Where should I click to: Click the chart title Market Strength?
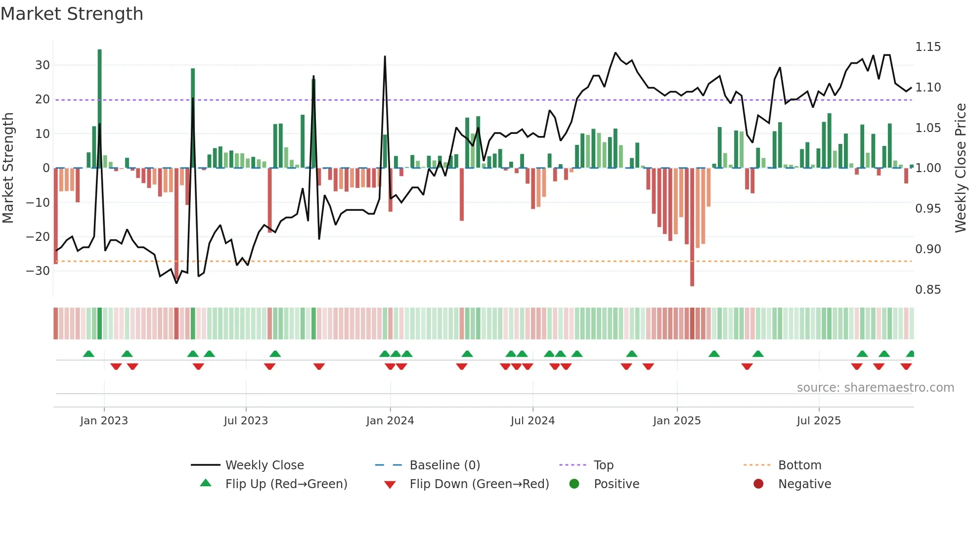point(72,14)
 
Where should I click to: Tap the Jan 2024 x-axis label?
point(390,421)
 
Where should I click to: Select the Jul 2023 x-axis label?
point(246,421)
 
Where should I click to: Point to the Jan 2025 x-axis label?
point(676,421)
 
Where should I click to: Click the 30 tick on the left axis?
point(43,65)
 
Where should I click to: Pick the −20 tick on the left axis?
point(38,237)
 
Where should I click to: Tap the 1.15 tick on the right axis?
point(927,47)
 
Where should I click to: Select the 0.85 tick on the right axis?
point(927,290)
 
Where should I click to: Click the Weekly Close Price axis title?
point(960,168)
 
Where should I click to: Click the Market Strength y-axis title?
point(8,168)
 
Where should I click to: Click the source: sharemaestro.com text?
point(875,388)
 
